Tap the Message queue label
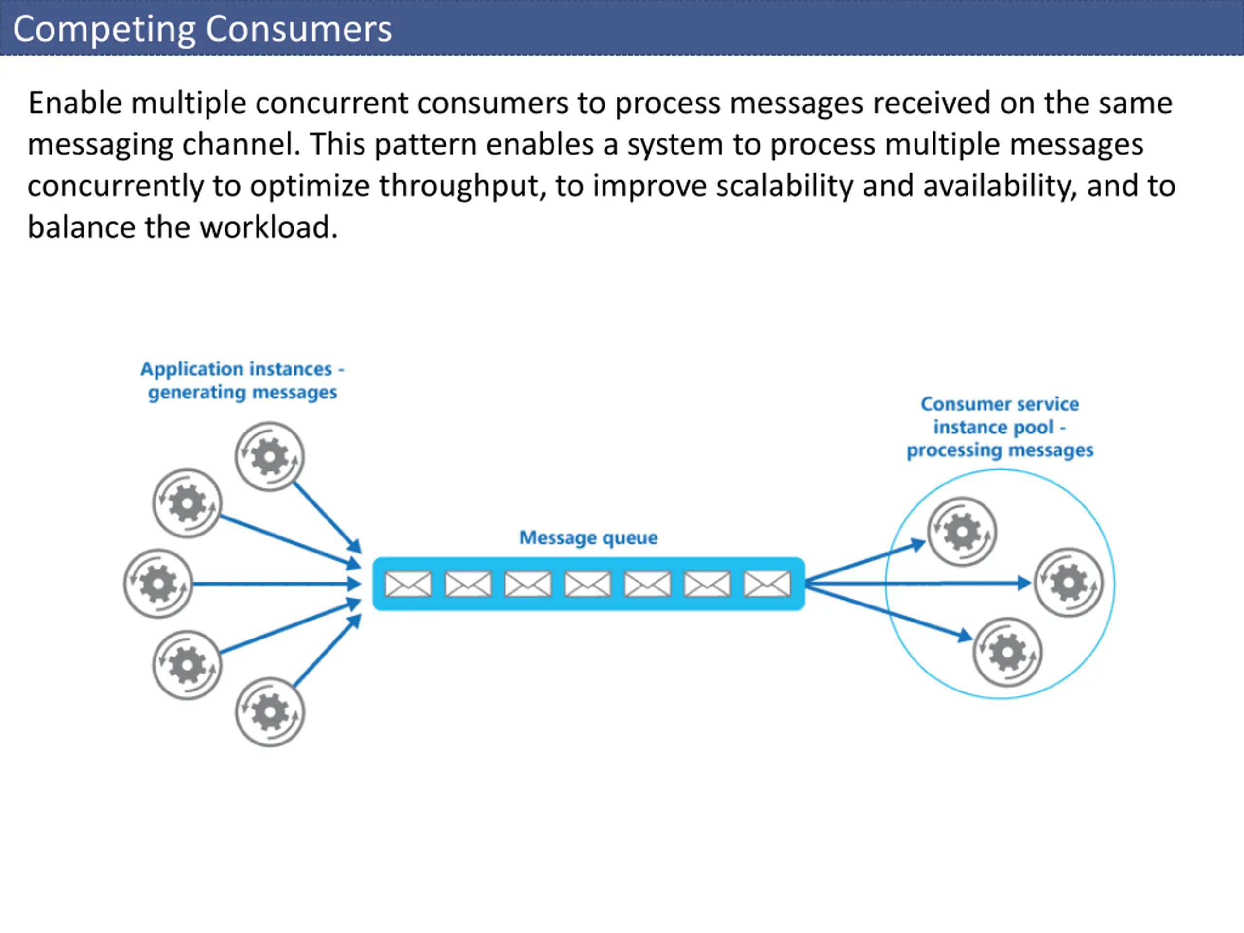coord(588,537)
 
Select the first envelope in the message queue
coord(408,584)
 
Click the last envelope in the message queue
coord(767,584)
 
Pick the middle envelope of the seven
coord(587,584)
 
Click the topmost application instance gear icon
coord(270,457)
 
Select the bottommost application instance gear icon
coord(270,712)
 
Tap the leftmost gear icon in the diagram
coord(158,584)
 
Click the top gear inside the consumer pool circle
coord(962,532)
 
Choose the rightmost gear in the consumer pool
coord(1069,583)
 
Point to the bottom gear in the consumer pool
coord(1007,652)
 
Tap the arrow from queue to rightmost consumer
coord(918,583)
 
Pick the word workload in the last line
coord(268,227)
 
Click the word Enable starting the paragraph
coord(75,103)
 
